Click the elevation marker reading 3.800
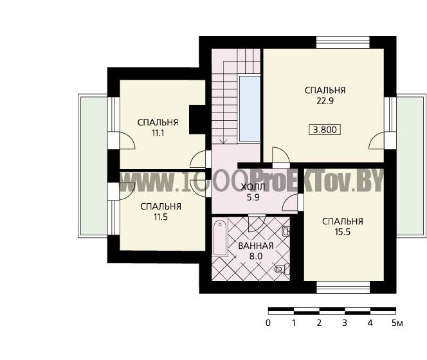tap(325, 130)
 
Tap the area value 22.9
tap(325, 101)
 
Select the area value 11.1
tap(158, 133)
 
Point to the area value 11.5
tap(161, 217)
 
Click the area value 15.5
tap(343, 232)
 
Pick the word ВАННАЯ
tap(256, 246)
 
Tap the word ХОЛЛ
tap(253, 187)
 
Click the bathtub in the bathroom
tap(220, 237)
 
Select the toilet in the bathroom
tap(282, 269)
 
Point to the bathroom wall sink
tap(286, 231)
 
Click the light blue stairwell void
tap(250, 109)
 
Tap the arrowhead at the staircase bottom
tap(224, 141)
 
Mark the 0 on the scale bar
tap(268, 323)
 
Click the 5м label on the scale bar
tap(397, 323)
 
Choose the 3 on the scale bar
tap(345, 323)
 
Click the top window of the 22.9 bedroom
tap(343, 42)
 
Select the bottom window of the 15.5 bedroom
tap(343, 287)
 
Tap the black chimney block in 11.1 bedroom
tap(197, 120)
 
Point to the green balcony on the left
tap(93, 166)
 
